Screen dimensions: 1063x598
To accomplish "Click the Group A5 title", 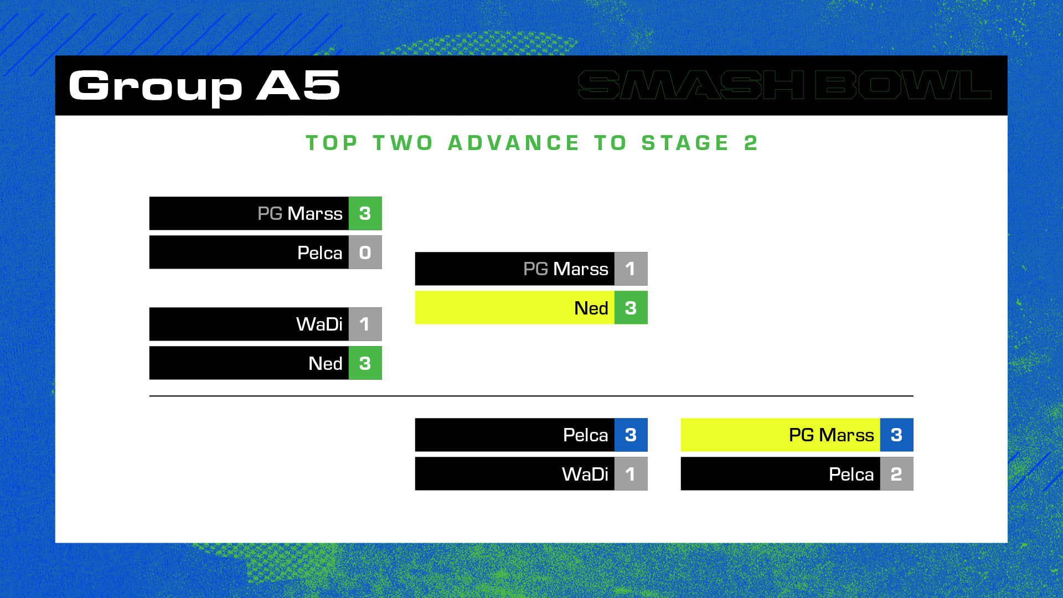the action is [x=204, y=86].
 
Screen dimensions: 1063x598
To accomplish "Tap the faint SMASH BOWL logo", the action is [x=785, y=85].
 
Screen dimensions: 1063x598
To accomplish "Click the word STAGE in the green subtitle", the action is [x=685, y=143].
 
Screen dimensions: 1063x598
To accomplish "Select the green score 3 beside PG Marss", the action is [x=365, y=213].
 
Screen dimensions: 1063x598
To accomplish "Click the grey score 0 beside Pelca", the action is [x=365, y=252].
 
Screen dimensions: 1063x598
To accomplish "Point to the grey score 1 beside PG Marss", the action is [x=631, y=269].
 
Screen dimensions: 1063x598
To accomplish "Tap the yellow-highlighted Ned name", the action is [x=591, y=308].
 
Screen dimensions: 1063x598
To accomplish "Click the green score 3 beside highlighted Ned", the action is [x=631, y=308].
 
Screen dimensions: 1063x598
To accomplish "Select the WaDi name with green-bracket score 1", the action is [x=319, y=324].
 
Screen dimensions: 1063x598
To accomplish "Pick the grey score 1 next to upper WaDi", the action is [x=365, y=324].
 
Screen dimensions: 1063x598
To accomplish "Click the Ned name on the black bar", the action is [x=326, y=363].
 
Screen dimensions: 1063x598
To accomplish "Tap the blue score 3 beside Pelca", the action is [x=631, y=435].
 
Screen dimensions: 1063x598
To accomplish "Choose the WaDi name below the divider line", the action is [x=585, y=474].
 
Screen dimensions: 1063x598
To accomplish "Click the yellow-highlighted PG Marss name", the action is [x=832, y=435].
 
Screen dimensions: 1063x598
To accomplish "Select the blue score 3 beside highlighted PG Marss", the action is [x=896, y=435].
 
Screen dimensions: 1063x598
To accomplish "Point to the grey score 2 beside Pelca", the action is [x=896, y=474].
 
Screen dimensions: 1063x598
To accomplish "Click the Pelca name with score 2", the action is [x=852, y=474].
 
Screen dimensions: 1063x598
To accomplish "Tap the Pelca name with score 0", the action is [x=320, y=252].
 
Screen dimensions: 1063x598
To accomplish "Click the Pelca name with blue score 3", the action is [x=586, y=435].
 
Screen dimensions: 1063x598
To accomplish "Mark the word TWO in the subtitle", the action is [x=403, y=143].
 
